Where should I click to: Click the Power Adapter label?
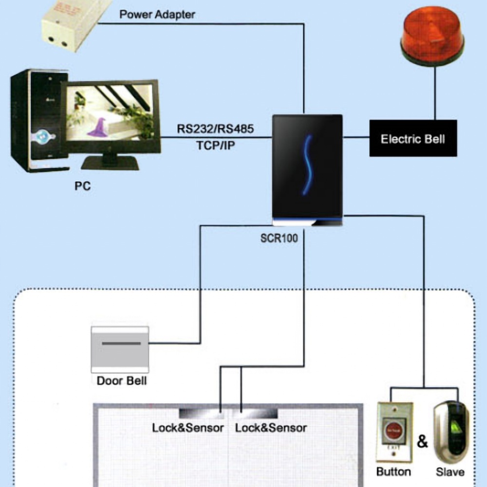157,14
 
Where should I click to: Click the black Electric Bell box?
412,139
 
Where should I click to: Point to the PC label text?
82,186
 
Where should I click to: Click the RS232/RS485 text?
215,129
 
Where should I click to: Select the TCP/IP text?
215,145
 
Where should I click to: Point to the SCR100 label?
279,239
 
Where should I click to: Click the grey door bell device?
120,347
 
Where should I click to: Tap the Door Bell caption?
121,380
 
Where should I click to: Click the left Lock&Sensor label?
188,428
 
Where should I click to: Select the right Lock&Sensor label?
271,428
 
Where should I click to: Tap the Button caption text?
393,471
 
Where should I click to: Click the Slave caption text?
450,471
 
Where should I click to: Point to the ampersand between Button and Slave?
422,442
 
